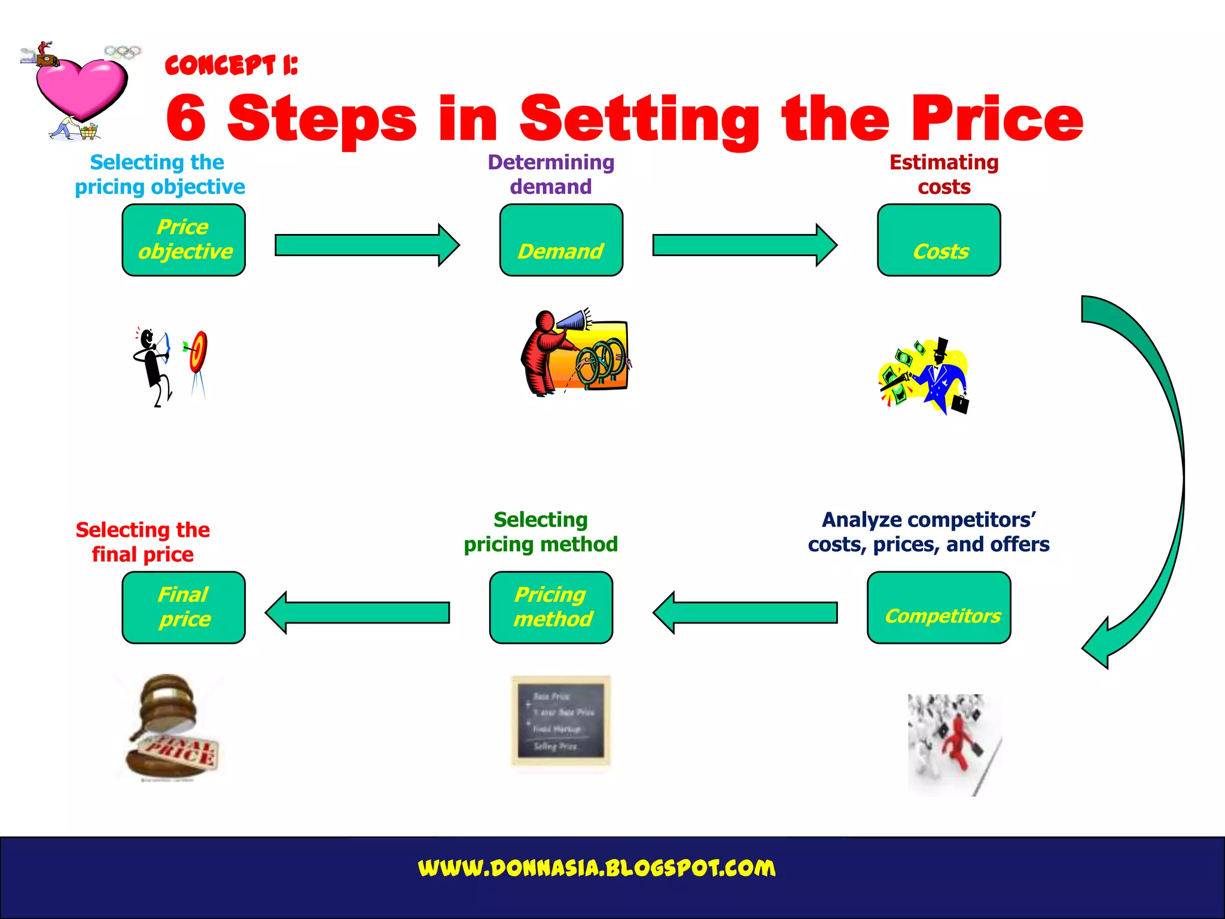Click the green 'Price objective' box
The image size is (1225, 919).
tap(184, 240)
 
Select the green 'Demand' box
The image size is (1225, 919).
tap(561, 240)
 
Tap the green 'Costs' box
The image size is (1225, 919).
tap(938, 240)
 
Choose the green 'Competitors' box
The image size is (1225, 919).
tap(938, 607)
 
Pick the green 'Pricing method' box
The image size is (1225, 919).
tap(551, 607)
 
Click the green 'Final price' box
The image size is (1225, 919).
tap(184, 607)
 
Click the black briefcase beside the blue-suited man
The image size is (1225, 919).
tap(959, 404)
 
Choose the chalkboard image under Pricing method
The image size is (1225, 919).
tap(560, 721)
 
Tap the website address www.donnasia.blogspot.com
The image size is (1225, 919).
tap(596, 868)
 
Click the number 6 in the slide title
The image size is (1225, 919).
tap(186, 118)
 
